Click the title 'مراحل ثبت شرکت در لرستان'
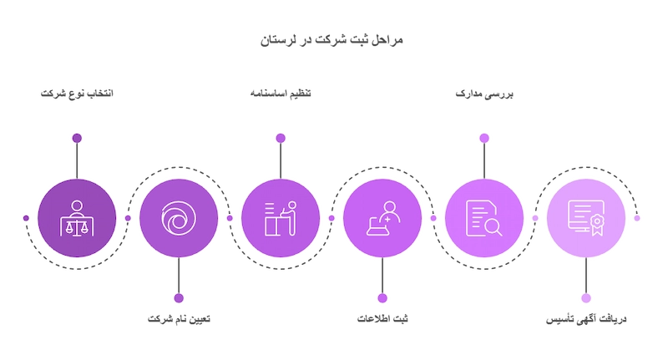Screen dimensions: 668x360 pos(331,40)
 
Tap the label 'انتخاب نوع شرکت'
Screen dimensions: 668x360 pos(77,94)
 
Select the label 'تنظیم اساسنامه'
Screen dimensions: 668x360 pos(281,94)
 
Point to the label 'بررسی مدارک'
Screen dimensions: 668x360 pos(484,94)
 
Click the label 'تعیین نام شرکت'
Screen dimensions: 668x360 pos(179,319)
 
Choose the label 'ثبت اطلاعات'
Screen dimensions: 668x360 pos(382,319)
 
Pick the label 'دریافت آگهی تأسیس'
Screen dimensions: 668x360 pos(586,319)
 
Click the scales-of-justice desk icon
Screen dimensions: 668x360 pos(77,219)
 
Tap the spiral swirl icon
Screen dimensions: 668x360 pos(179,218)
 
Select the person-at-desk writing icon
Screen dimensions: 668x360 pos(281,219)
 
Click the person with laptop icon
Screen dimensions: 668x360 pos(383,218)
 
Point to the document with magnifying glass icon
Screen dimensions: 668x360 pos(484,219)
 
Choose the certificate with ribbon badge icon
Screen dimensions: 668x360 pos(586,218)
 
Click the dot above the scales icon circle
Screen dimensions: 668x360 pos(77,138)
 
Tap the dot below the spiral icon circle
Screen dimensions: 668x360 pos(179,298)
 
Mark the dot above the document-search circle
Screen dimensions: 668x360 pos(484,138)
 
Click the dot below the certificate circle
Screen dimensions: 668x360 pos(586,298)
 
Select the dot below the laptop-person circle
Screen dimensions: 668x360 pos(382,298)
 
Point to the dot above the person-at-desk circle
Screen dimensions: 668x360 pos(281,138)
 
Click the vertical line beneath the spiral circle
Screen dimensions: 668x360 pos(179,275)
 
